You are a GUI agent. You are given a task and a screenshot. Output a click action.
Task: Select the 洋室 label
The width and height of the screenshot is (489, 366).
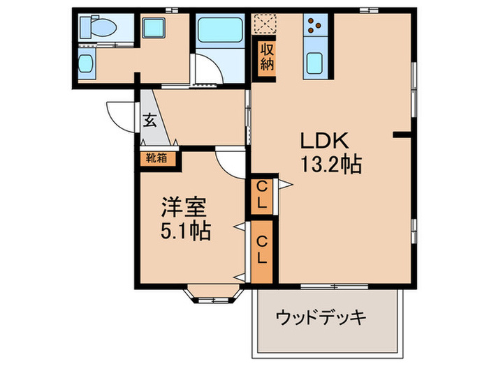click(x=184, y=207)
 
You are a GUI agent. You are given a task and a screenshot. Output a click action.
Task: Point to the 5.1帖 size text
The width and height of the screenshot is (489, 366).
click(x=186, y=231)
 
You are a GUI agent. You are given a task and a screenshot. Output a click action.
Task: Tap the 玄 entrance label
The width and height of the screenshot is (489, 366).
click(x=149, y=120)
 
